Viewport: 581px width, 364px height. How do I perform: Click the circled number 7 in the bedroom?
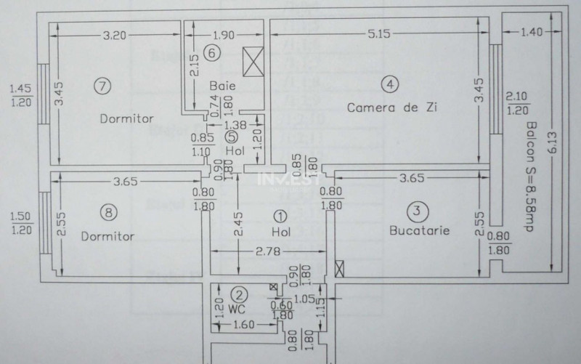[103, 86]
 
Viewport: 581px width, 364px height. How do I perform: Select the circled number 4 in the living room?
[390, 84]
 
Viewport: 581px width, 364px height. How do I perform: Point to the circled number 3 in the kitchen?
[415, 211]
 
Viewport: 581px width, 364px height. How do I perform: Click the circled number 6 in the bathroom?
[211, 52]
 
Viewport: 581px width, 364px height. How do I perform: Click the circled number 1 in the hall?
[281, 216]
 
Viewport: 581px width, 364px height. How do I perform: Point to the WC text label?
[235, 309]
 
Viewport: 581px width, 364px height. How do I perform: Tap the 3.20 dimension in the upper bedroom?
[116, 33]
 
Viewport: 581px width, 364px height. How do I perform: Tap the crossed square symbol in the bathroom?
[254, 62]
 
